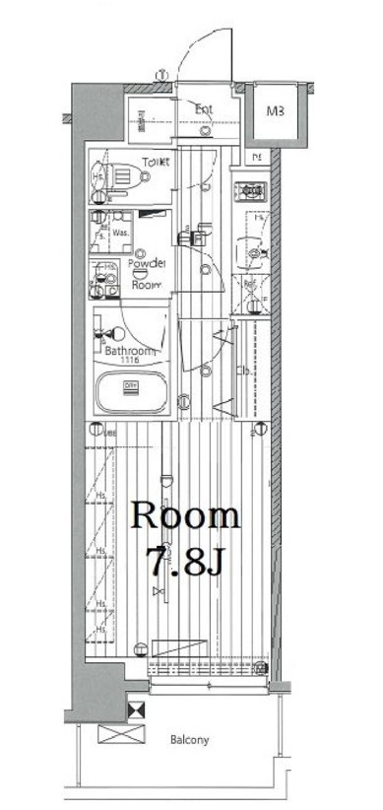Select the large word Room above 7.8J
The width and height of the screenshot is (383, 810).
186,515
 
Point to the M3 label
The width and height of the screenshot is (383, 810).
275,111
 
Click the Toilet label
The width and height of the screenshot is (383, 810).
156,162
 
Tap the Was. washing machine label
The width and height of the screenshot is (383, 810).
121,234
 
